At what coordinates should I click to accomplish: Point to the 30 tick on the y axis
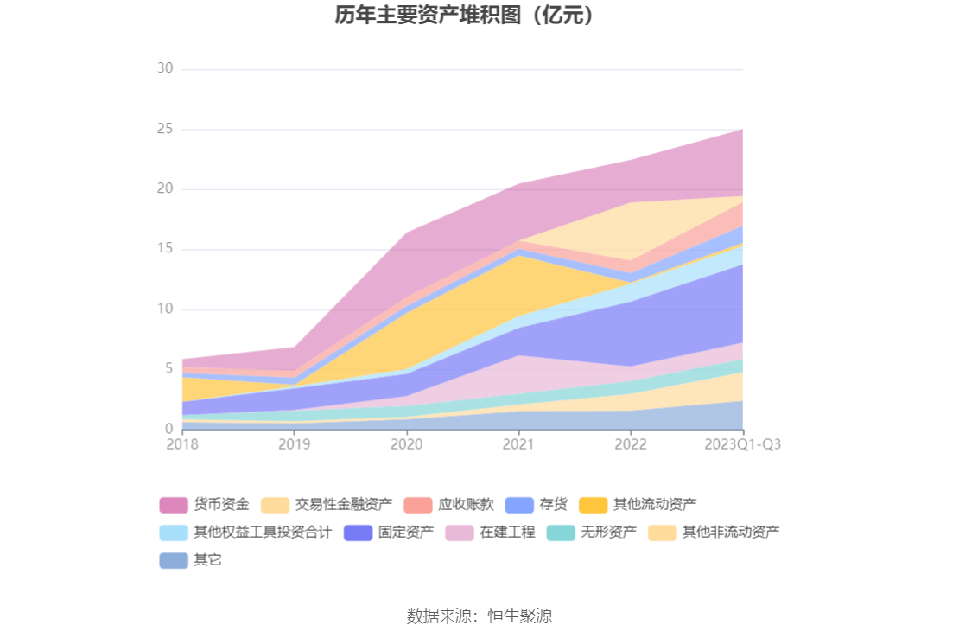tap(165, 69)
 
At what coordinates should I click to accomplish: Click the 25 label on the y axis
tap(165, 129)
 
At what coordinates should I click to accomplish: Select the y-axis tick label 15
tap(165, 249)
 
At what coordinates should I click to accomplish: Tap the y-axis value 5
tap(168, 369)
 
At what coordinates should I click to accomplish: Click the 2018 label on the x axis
tap(182, 444)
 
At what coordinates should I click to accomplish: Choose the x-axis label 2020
tap(407, 444)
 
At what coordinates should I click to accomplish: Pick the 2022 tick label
tap(631, 444)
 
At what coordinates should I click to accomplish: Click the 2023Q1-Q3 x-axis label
tap(742, 444)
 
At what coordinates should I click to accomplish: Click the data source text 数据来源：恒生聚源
tap(479, 616)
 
